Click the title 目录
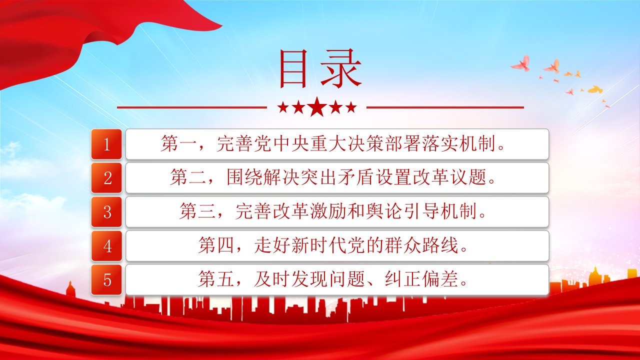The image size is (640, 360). (320, 68)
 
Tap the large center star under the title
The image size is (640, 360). (317, 107)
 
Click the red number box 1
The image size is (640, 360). (106, 144)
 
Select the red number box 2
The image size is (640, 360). (106, 177)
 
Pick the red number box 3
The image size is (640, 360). (106, 211)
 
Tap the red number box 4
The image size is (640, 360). (106, 245)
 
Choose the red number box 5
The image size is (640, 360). (106, 279)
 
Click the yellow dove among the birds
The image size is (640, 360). (595, 89)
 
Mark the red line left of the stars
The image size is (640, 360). (191, 107)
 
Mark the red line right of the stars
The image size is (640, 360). (445, 107)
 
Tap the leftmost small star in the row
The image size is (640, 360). (283, 107)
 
